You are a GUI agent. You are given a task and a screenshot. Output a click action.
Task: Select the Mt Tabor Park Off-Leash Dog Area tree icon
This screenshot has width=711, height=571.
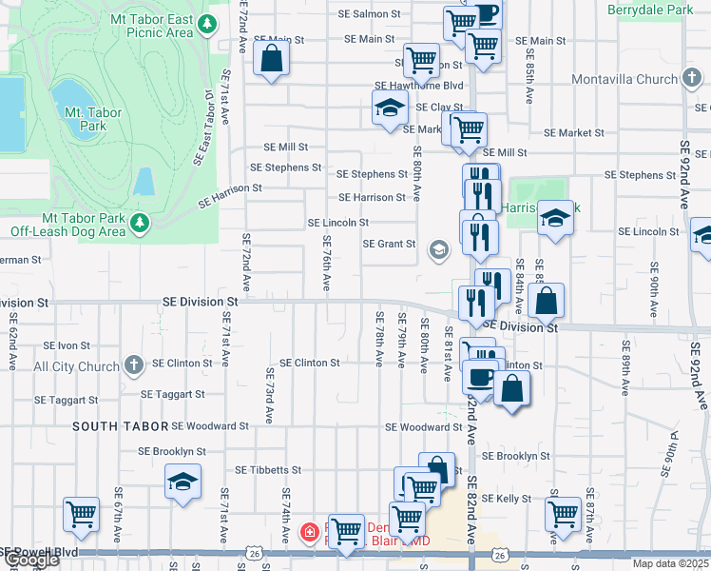click(x=141, y=223)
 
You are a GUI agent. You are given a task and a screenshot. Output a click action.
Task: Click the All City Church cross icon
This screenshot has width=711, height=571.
click(x=134, y=364)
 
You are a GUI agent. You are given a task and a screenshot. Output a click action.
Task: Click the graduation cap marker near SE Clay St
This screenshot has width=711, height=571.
click(x=390, y=109)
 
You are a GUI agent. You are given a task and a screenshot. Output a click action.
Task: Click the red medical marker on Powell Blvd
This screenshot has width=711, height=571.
click(x=309, y=532)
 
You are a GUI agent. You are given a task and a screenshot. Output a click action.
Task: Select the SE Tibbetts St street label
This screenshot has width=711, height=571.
click(x=268, y=470)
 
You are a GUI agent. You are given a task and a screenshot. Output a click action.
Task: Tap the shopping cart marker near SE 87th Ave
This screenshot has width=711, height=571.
click(x=563, y=514)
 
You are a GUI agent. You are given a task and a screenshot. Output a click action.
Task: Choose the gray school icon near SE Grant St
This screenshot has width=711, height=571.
click(x=438, y=250)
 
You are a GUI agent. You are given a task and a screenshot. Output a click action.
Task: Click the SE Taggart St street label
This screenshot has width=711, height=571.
click(x=172, y=394)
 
